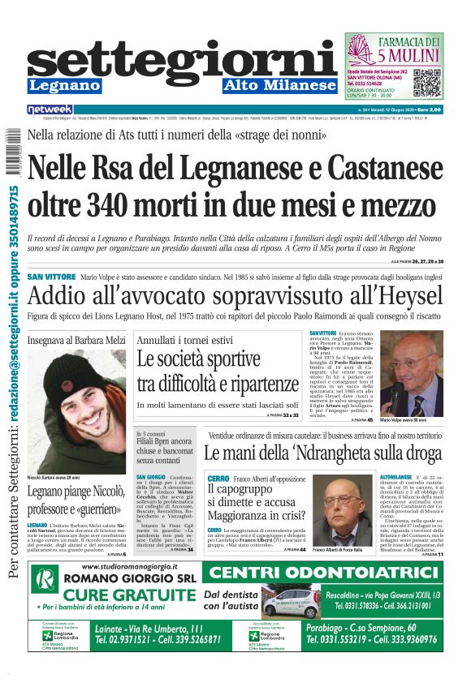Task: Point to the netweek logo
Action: point(50,110)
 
